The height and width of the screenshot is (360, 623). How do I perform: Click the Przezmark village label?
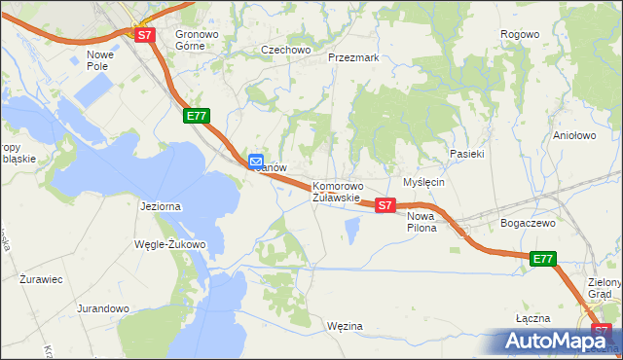click(x=353, y=57)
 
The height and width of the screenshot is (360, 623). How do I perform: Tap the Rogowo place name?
click(x=519, y=34)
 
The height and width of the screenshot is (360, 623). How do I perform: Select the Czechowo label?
click(x=284, y=49)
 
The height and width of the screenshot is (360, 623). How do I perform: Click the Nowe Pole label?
click(x=100, y=60)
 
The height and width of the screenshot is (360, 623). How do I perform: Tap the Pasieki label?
click(x=467, y=154)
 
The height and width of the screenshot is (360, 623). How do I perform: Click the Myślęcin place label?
click(x=423, y=182)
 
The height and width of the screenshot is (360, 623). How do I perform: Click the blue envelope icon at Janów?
click(x=255, y=162)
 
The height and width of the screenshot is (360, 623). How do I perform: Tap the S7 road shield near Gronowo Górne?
click(x=145, y=35)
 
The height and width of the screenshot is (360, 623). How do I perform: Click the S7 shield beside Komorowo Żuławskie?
click(x=385, y=205)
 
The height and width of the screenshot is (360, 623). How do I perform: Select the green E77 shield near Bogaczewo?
click(x=543, y=259)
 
